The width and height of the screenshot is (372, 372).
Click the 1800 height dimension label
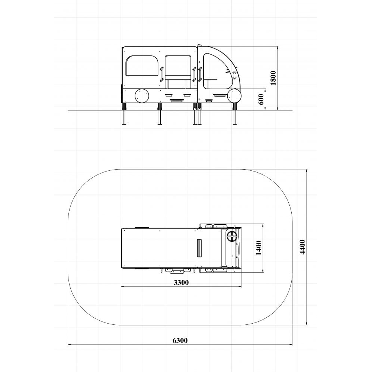(273, 78)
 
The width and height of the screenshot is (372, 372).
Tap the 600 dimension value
(261, 99)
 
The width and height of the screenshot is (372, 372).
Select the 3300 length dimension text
(181, 282)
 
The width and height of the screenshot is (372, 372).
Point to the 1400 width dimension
(259, 248)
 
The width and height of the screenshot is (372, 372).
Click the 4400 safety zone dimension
(302, 247)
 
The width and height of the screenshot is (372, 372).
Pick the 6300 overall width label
(180, 340)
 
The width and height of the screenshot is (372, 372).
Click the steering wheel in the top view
(232, 237)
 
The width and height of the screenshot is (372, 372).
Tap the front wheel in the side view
(234, 96)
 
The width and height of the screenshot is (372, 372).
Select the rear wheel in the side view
(142, 96)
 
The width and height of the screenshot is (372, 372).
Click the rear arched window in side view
(142, 66)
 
